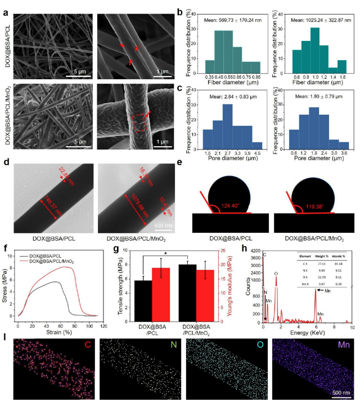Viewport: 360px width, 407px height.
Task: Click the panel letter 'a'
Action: (6, 6)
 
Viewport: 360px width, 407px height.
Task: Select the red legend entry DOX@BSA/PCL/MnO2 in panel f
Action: (52, 261)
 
